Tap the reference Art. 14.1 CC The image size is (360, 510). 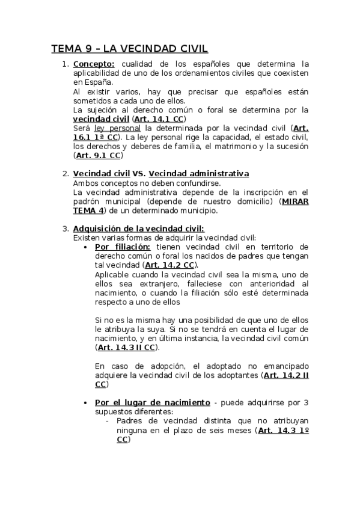tap(159, 119)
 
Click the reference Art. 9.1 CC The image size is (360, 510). tap(99, 155)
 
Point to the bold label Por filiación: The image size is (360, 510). tap(123, 247)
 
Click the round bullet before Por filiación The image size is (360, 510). tap(88, 247)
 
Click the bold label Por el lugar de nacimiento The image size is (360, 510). tap(153, 402)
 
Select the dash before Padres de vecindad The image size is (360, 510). tap(107, 421)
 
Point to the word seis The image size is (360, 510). tap(207, 430)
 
